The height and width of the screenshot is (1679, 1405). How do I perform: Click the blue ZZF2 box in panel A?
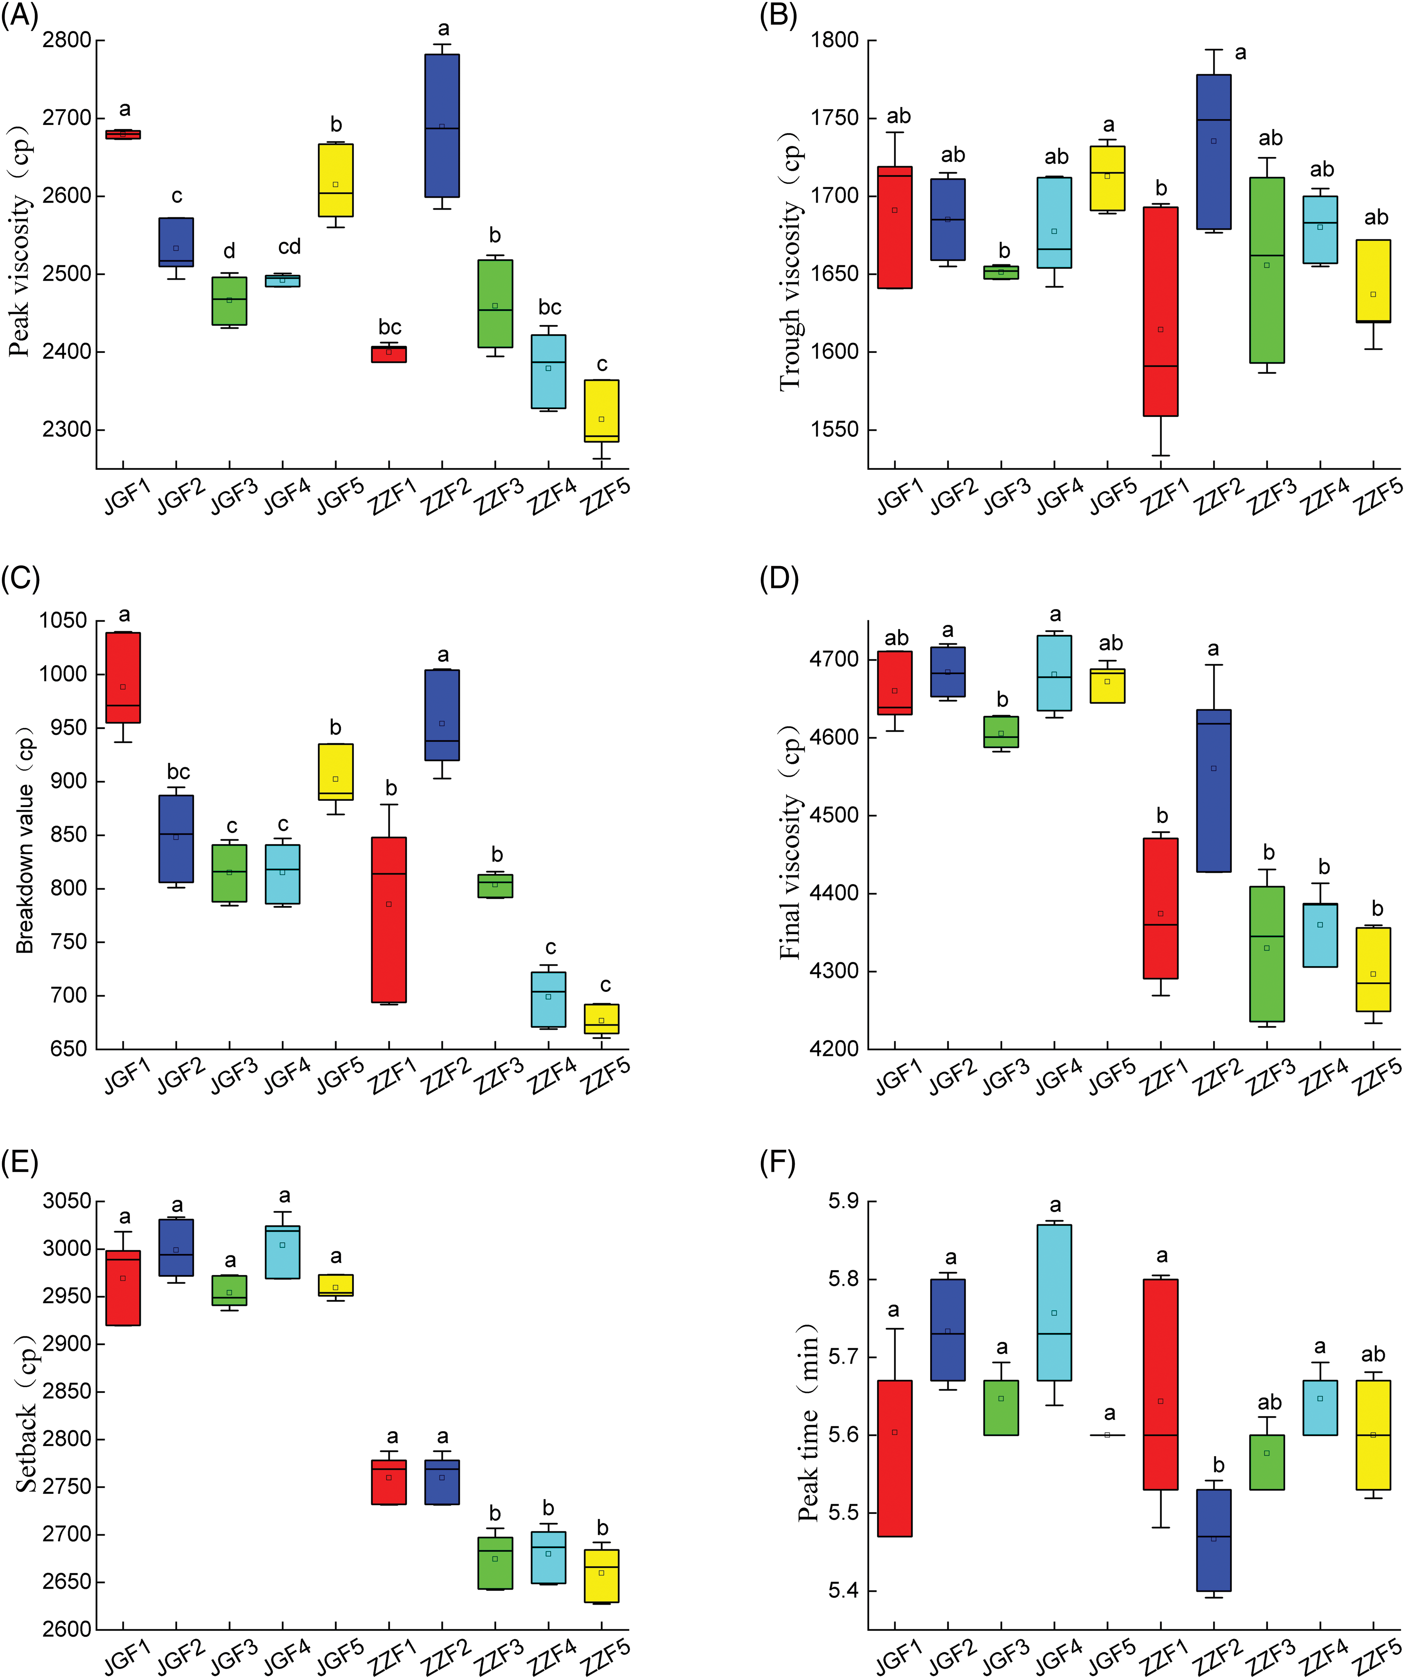tap(442, 125)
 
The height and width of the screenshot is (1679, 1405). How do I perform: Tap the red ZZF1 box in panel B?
tap(1161, 312)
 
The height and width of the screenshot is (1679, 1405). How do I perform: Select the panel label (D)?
tap(779, 578)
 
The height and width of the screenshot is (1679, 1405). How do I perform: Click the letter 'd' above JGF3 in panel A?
tap(229, 251)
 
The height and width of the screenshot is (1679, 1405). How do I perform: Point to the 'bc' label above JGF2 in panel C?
tap(178, 771)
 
